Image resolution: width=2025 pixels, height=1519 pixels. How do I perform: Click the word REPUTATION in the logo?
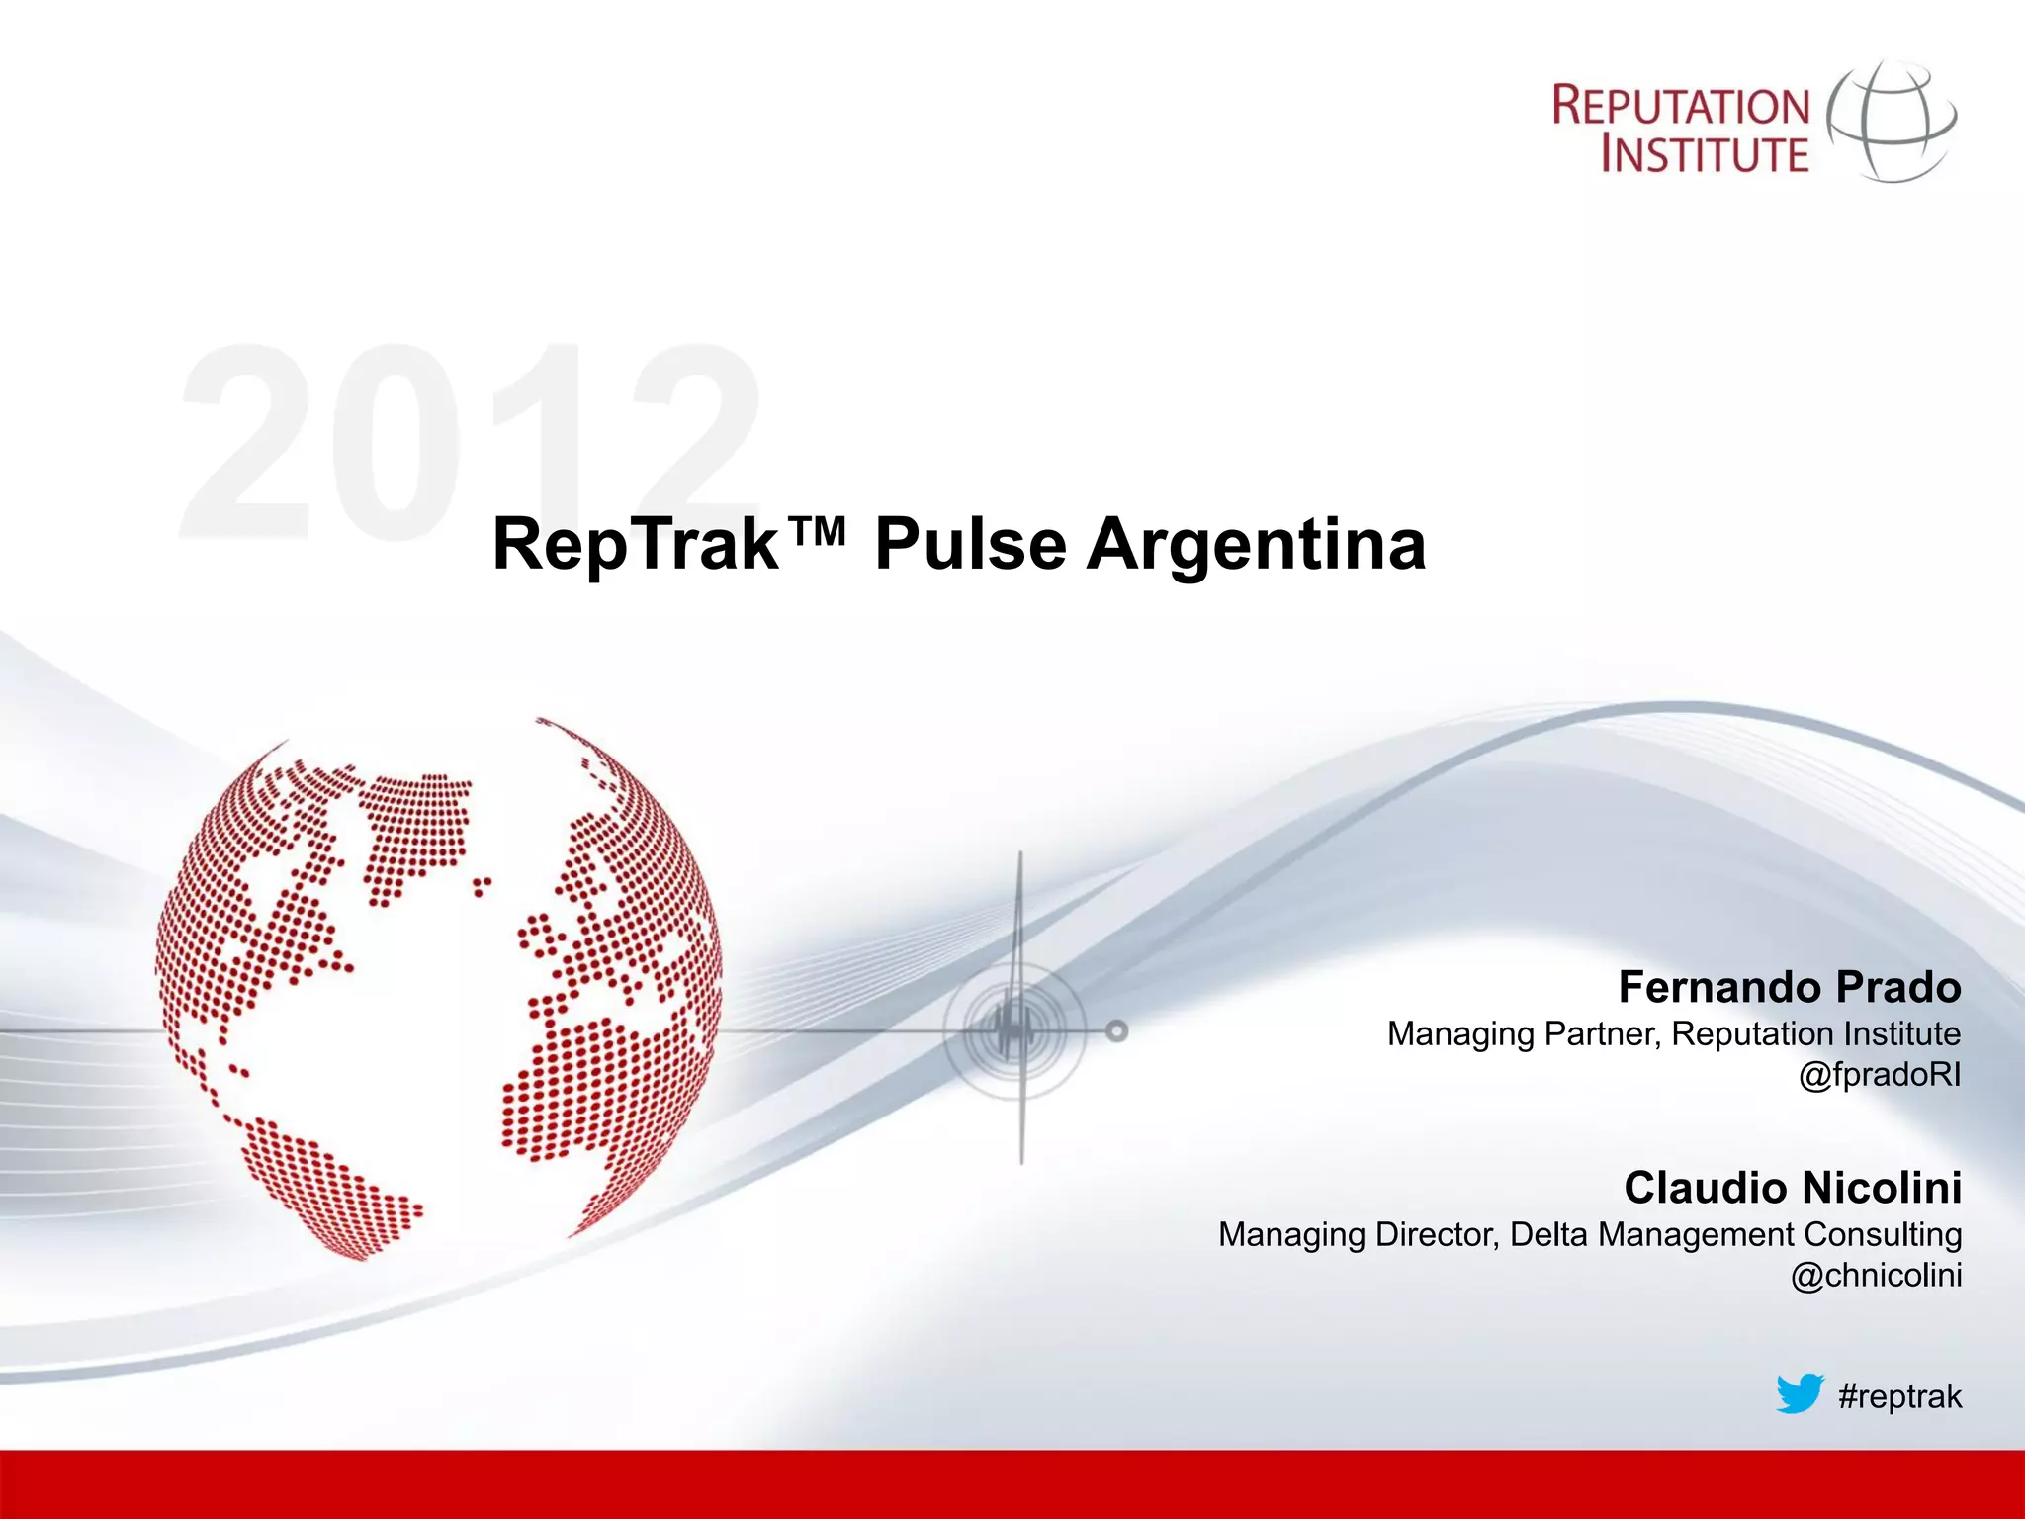point(1681,106)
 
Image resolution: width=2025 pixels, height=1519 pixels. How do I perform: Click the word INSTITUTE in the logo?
point(1705,154)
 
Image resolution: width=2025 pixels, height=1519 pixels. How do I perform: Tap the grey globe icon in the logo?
point(1891,121)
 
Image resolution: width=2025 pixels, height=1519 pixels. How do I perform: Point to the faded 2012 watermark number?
point(470,442)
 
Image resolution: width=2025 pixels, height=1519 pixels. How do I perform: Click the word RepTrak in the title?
point(635,545)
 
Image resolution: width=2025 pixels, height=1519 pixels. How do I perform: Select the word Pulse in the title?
point(970,545)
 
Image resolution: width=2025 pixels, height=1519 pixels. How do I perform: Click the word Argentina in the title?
point(1256,545)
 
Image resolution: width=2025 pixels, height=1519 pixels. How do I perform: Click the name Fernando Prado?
point(1790,987)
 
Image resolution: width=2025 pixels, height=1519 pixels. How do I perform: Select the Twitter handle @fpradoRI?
point(1879,1075)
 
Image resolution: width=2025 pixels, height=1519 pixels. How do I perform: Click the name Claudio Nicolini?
point(1793,1188)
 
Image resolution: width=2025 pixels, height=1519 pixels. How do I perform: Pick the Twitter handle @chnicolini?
point(1876,1276)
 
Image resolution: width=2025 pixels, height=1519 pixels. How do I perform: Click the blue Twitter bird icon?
point(1799,1393)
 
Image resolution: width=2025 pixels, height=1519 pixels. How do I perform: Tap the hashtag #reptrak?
point(1899,1396)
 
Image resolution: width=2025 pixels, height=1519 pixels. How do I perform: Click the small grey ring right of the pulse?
point(1116,1031)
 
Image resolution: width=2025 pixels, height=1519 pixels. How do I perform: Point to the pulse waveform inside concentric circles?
point(1014,1030)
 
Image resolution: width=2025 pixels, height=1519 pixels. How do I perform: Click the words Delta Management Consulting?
point(1735,1235)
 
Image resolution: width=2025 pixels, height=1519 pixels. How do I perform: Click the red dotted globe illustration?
point(438,989)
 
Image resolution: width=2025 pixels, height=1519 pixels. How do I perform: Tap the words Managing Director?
point(1358,1235)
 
